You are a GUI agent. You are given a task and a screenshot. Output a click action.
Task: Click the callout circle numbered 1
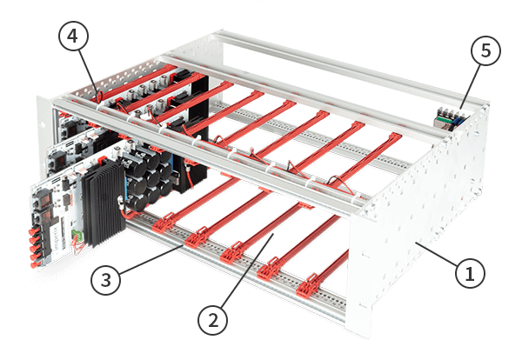pos(469,275)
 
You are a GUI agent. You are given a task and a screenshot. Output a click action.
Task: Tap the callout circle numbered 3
pos(104,281)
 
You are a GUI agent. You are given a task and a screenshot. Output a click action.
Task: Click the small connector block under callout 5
pos(449,117)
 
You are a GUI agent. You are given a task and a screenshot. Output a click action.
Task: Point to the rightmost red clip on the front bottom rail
pos(310,287)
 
